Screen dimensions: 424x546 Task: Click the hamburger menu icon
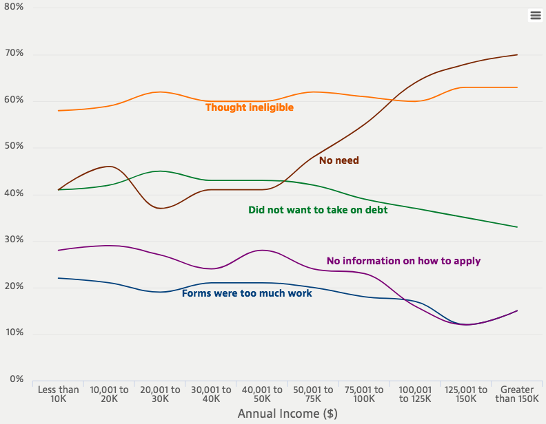click(x=536, y=15)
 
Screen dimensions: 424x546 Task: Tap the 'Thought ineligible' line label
click(x=250, y=107)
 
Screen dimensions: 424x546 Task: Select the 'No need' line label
click(x=338, y=160)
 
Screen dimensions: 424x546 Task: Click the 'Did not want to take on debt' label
click(x=318, y=210)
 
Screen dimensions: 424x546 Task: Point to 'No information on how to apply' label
click(x=403, y=261)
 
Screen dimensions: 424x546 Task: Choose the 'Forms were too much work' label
click(x=247, y=293)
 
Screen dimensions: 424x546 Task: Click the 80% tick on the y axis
click(x=14, y=6)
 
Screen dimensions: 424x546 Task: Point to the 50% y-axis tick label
click(x=14, y=147)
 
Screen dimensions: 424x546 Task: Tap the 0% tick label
click(x=17, y=379)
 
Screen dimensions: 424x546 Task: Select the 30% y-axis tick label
click(x=14, y=240)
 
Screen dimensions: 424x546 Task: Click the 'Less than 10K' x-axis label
click(x=59, y=394)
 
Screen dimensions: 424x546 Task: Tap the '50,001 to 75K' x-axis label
click(x=314, y=394)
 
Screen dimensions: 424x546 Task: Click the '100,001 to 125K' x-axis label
click(x=416, y=394)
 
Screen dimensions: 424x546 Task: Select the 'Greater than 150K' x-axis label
click(x=517, y=394)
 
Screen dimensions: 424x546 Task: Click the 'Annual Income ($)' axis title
click(x=287, y=414)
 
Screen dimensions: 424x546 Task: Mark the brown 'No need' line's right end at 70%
click(x=517, y=54)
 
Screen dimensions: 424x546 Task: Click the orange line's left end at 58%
click(x=59, y=110)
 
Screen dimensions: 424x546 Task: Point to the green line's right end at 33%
click(x=517, y=227)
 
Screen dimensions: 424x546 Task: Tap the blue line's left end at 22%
click(x=59, y=278)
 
